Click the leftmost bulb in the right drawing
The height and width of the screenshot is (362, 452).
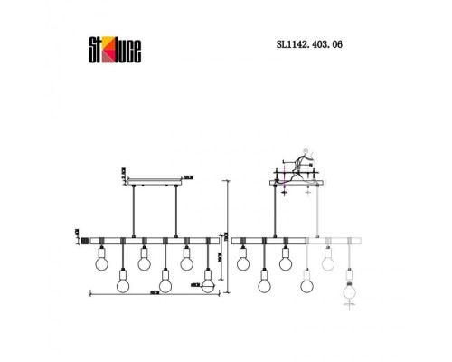242,263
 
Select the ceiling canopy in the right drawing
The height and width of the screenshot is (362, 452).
296,184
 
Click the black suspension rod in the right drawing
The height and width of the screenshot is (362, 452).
274,213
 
